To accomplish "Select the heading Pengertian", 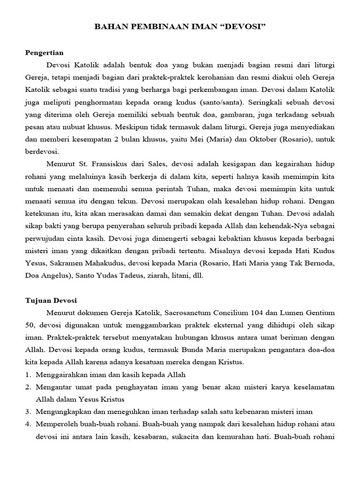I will pos(44,52).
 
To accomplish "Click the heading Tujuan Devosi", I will pos(51,300).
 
